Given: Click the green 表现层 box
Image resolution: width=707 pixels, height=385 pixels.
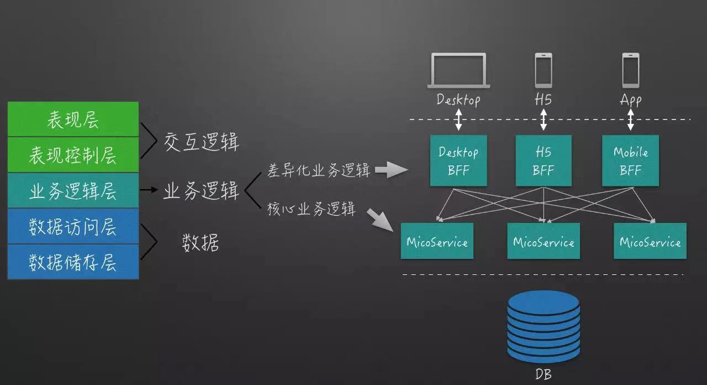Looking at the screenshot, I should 72,119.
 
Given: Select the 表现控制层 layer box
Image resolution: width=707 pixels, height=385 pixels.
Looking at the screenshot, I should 72,155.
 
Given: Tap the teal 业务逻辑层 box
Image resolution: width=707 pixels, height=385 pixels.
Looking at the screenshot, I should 72,191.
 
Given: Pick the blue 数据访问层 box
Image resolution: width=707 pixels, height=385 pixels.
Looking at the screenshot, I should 72,226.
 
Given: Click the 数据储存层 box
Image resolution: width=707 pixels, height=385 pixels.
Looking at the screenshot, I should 72,262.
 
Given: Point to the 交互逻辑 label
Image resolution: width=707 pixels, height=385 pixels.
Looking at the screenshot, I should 202,143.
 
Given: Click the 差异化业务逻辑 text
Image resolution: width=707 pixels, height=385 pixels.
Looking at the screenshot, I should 319,171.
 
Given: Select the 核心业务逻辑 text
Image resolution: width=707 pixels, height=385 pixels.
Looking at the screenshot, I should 311,210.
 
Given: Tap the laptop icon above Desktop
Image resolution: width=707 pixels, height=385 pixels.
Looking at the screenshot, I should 458,70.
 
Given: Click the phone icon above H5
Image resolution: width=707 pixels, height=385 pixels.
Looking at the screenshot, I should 543,70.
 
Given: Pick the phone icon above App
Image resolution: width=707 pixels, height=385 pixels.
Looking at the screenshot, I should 630,70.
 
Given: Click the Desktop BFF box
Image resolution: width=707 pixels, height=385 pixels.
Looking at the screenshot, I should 458,160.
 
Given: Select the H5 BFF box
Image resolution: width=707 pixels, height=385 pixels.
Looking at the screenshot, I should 544,160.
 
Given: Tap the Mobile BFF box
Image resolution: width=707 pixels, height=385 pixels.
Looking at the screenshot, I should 630,160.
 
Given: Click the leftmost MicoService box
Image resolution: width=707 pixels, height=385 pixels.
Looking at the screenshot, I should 437,241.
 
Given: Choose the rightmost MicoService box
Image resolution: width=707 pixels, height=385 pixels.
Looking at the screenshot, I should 650,241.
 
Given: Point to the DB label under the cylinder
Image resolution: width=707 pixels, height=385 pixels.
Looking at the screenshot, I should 544,374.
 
